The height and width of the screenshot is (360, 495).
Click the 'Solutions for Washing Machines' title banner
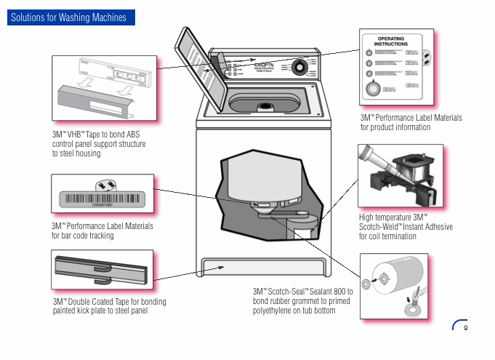point(70,17)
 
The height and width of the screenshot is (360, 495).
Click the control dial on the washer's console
point(299,68)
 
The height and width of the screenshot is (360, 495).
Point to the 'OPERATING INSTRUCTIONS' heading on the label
point(391,41)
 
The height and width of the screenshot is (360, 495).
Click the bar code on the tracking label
point(101,198)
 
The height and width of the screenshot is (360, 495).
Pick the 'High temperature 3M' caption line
point(393,217)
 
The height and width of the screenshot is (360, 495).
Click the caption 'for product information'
point(395,127)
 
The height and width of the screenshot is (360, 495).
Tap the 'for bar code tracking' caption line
point(83,236)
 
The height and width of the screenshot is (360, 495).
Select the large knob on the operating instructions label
point(372,89)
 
